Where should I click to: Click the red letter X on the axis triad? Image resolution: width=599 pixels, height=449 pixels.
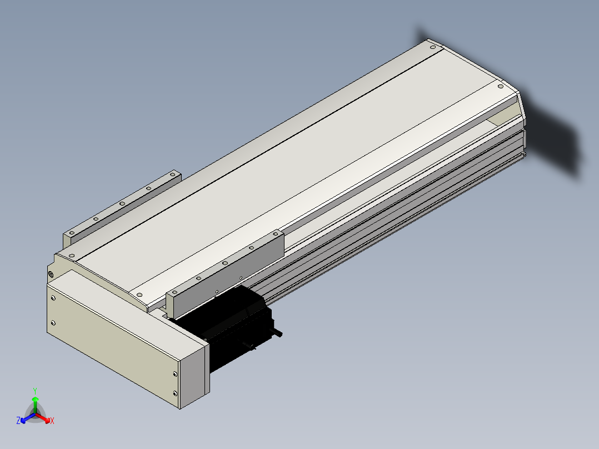coord(52,421)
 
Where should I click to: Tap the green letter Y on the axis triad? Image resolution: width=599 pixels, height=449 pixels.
coord(35,391)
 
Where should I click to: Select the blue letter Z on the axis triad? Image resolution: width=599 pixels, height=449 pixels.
coord(18,420)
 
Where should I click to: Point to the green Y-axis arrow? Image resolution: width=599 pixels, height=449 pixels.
coord(35,405)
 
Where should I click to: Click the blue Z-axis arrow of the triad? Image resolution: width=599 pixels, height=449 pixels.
coord(28,418)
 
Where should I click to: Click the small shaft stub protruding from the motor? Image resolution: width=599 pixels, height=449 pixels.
coord(277,332)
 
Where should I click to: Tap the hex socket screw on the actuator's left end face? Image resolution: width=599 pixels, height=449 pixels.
coord(51,274)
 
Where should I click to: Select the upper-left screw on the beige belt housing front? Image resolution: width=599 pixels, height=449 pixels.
coord(53,298)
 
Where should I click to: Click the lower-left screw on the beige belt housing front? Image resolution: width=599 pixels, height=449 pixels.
coord(53,323)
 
